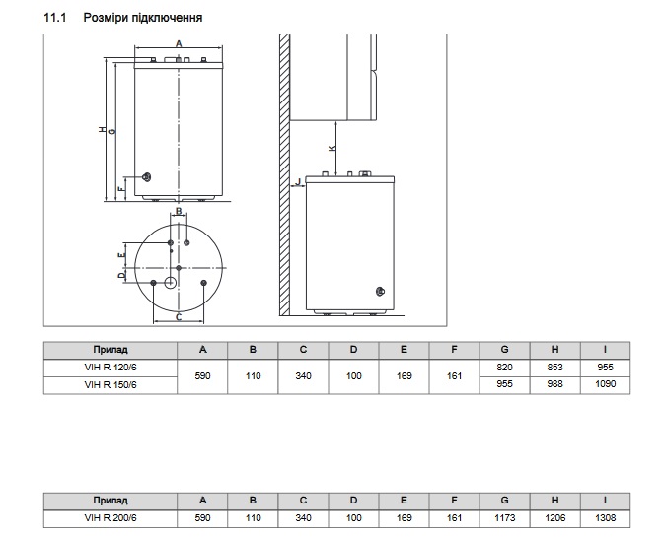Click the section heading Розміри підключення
[142, 18]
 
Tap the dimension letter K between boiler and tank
[332, 148]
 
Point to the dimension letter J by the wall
[299, 181]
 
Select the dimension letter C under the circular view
[179, 317]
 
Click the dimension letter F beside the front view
[121, 188]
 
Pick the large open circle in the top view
[170, 283]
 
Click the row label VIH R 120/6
[111, 368]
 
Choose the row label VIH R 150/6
[111, 385]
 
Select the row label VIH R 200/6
[111, 518]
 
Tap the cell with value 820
[504, 368]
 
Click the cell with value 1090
[605, 384]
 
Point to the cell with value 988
[554, 384]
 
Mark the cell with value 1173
[504, 518]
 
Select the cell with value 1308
[605, 518]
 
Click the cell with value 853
[554, 368]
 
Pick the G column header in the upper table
[504, 350]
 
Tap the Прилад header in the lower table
[111, 501]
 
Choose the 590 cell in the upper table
[202, 376]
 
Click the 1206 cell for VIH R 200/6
[554, 518]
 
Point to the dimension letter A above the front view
[179, 43]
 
